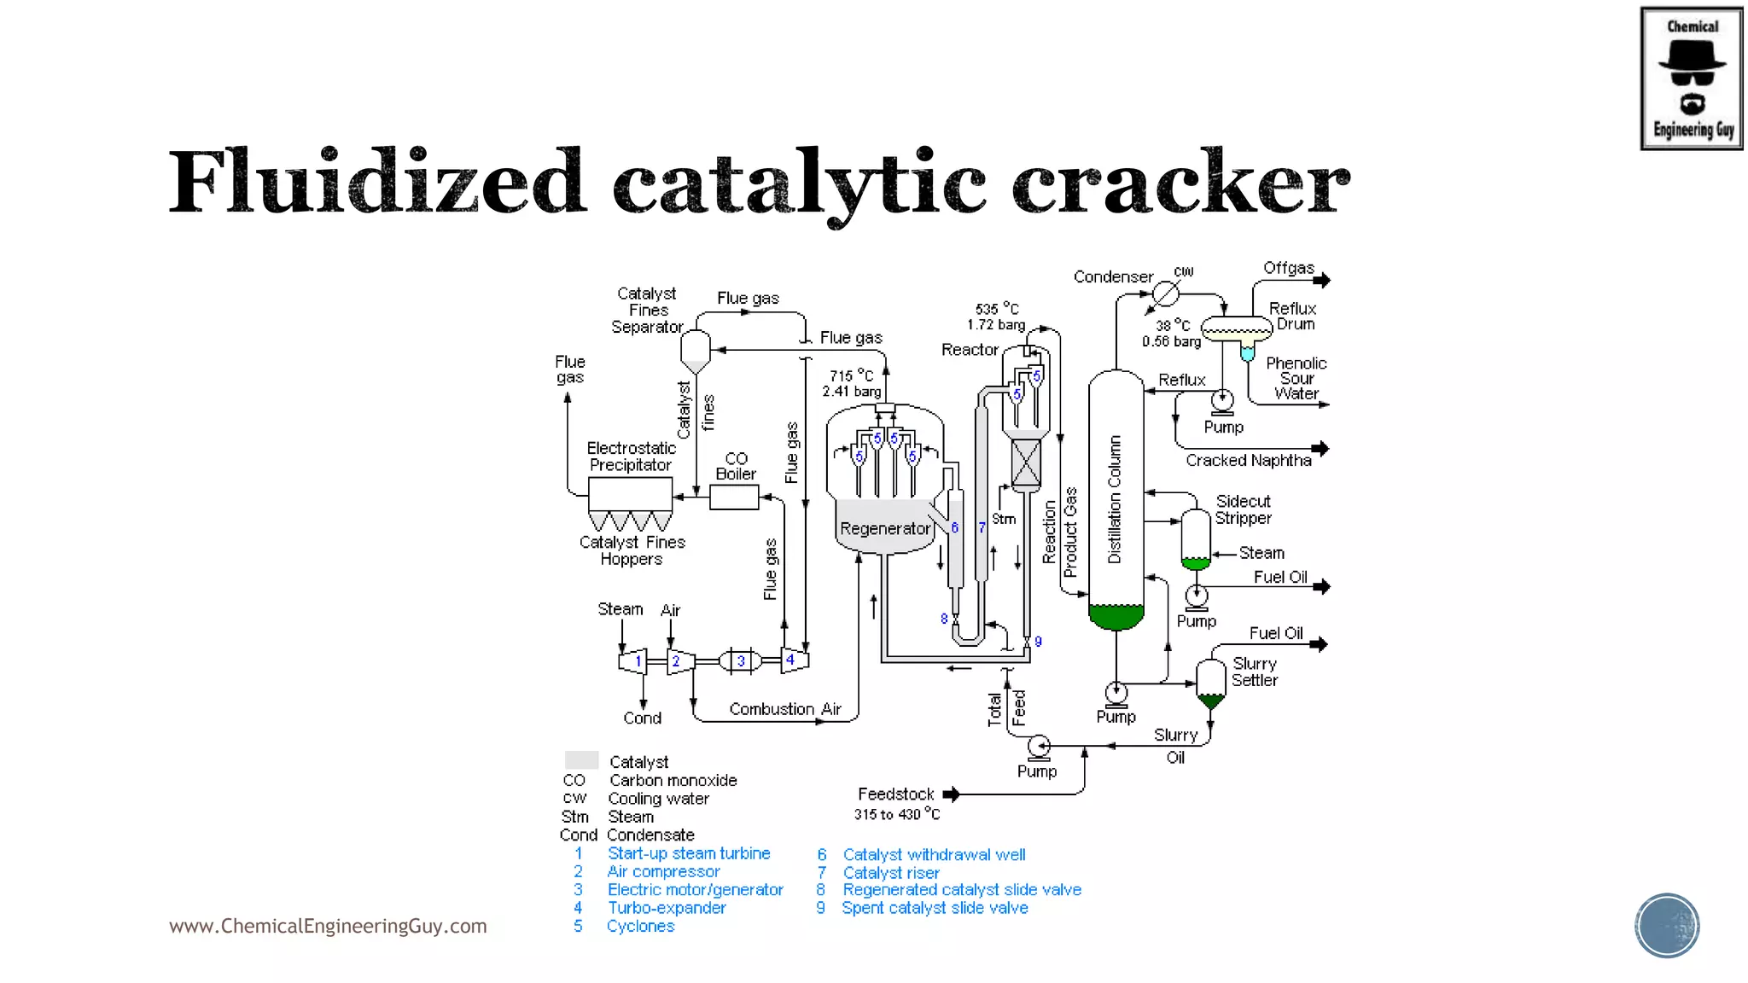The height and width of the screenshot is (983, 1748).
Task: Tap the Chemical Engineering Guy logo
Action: click(x=1691, y=79)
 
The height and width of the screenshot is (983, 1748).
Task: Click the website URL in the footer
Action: click(x=328, y=926)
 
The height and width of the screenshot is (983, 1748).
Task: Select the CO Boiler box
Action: click(x=734, y=497)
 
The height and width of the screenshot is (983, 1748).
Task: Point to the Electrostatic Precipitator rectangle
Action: click(x=630, y=494)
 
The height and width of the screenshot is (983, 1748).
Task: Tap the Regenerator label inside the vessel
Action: click(x=884, y=528)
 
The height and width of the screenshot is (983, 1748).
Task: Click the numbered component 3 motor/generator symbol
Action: click(x=741, y=660)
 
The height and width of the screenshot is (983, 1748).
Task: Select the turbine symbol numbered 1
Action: click(x=633, y=660)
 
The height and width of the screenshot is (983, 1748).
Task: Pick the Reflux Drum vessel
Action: click(x=1236, y=328)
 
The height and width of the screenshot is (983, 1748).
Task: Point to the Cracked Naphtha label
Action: click(x=1248, y=461)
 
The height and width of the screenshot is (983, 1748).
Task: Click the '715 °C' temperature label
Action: click(x=851, y=375)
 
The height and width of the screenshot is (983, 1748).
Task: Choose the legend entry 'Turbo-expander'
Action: click(x=667, y=908)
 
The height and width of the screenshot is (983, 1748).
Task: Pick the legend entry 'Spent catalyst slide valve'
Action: click(x=935, y=908)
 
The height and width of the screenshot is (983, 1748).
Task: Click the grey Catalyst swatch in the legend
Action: click(x=581, y=760)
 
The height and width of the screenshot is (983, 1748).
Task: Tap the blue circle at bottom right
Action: click(x=1666, y=925)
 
